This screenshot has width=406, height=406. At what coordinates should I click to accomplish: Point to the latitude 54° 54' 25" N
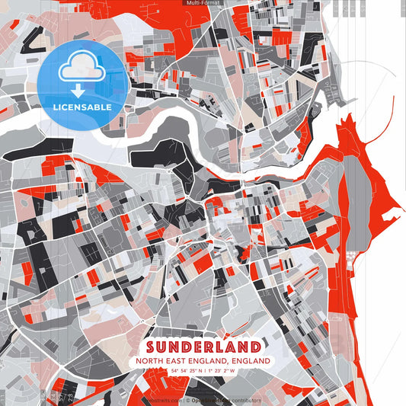(185, 371)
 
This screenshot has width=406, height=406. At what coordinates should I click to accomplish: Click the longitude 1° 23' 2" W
(222, 371)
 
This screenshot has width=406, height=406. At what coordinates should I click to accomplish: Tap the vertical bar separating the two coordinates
(204, 371)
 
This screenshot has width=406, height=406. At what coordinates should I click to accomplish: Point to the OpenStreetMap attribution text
(213, 400)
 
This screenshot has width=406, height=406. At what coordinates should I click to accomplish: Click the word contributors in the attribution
(246, 400)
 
